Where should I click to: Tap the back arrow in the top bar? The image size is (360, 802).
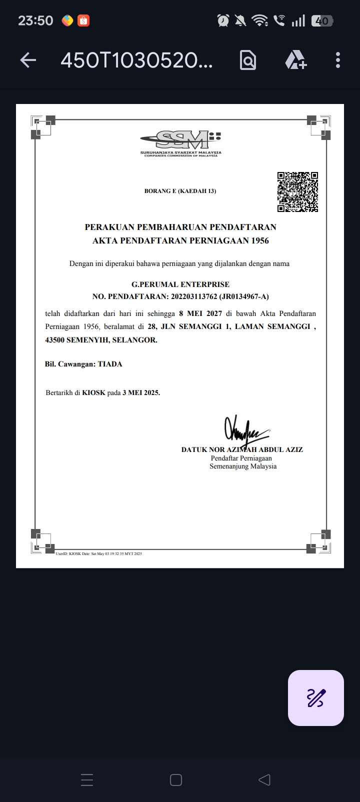tap(28, 60)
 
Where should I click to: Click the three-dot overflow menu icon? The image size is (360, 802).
tap(338, 60)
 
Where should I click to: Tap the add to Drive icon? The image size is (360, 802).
tap(295, 60)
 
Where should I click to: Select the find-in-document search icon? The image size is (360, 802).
tap(248, 60)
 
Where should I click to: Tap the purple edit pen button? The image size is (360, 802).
tap(316, 697)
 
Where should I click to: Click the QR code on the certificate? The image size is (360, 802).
tap(297, 192)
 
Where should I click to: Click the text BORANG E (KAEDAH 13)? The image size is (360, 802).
tap(180, 191)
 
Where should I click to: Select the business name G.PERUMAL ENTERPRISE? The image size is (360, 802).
tap(180, 284)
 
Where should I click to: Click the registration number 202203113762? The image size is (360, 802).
tap(194, 296)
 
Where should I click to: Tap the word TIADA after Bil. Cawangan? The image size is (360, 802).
tap(110, 364)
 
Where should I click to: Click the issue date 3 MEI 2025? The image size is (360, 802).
tap(141, 392)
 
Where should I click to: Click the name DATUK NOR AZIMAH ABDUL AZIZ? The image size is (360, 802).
tap(242, 449)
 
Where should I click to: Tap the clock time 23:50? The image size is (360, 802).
tap(35, 20)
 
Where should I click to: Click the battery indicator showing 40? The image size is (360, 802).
tap(321, 21)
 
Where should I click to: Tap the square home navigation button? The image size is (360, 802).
tap(176, 780)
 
